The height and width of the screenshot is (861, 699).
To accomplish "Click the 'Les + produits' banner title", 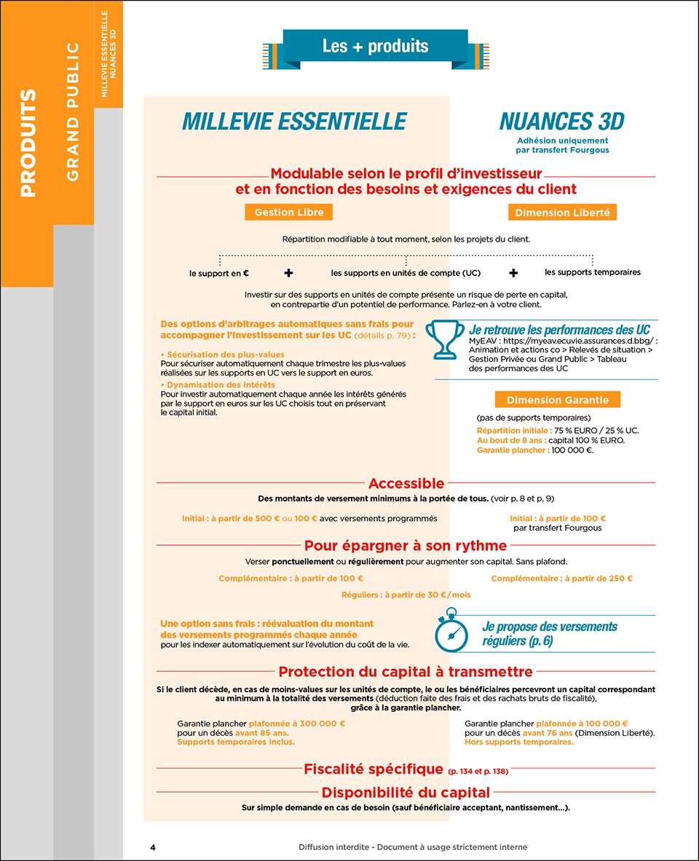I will [x=375, y=47].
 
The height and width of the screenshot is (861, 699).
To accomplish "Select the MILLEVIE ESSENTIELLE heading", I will [x=293, y=121].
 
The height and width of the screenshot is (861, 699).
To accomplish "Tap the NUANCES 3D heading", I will [x=561, y=121].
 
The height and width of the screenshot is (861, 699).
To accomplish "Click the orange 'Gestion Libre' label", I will [x=289, y=212].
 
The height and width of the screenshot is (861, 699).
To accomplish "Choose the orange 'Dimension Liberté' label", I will [x=563, y=213].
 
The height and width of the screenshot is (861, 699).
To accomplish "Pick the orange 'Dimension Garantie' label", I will [x=558, y=400].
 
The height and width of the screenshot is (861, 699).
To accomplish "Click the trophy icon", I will [x=444, y=340].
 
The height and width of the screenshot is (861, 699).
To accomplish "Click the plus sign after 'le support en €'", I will [x=289, y=273].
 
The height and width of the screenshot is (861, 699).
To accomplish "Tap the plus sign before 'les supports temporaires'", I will [x=513, y=273].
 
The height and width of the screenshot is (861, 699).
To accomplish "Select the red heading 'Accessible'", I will [x=406, y=483].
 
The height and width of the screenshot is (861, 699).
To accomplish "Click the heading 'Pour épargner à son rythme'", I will [x=406, y=545].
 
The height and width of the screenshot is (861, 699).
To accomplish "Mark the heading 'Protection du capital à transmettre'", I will [x=406, y=672].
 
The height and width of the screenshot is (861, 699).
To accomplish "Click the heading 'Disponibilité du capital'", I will [x=406, y=793].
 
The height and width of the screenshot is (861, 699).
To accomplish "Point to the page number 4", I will [x=153, y=847].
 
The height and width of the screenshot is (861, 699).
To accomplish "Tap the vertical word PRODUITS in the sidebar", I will [x=28, y=143].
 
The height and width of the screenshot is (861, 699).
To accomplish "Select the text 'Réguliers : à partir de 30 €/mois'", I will [x=406, y=595].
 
